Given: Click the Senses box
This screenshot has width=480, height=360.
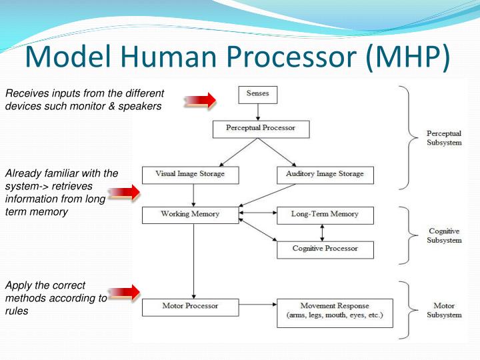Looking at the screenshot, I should click(x=257, y=94).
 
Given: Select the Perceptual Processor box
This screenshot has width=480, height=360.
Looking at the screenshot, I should click(x=261, y=128).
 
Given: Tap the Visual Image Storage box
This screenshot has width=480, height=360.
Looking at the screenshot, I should click(x=190, y=175).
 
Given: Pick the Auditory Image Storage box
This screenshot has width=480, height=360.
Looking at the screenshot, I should click(x=325, y=175).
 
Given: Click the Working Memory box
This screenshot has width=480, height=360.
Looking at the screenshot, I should click(x=190, y=215).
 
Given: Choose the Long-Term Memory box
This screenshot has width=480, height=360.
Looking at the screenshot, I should click(x=325, y=215).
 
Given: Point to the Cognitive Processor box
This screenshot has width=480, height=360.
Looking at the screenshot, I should click(x=325, y=249).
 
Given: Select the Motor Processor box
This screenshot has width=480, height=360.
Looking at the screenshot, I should click(x=190, y=307).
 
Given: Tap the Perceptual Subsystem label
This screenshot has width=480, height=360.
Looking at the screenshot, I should click(x=444, y=138).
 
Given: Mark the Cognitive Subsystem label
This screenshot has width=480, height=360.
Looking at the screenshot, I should click(x=444, y=235).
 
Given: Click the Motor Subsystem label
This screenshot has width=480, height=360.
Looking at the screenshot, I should click(x=444, y=311).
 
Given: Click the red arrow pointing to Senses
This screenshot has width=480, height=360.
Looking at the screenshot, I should click(x=201, y=101).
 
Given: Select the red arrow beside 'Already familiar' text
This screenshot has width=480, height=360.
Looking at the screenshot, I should click(x=123, y=193).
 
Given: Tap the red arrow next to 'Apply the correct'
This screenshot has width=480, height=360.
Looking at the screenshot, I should click(x=123, y=291).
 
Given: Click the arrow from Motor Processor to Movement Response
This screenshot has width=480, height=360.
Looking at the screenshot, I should click(x=257, y=307).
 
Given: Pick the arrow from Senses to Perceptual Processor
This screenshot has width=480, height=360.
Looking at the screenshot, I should click(x=257, y=111).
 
